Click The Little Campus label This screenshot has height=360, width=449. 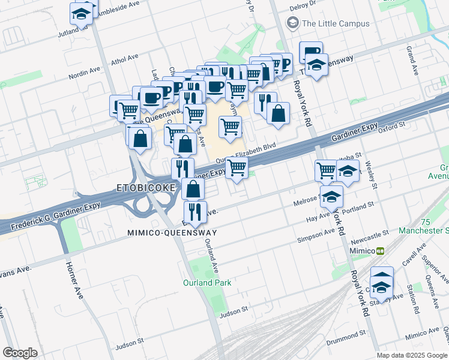tap(336, 23)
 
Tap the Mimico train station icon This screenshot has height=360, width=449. tap(380, 251)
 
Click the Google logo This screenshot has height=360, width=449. tap(20, 353)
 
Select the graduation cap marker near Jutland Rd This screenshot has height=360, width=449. tap(82, 13)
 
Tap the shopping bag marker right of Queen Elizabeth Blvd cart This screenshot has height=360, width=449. tap(279, 113)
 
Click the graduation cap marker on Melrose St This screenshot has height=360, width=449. tap(331, 196)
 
